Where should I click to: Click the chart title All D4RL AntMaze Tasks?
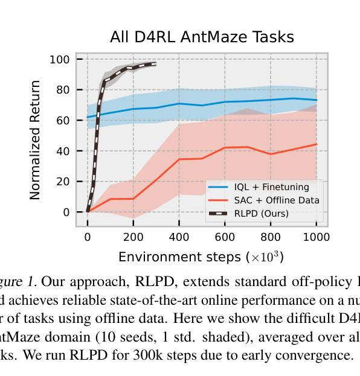click(202, 37)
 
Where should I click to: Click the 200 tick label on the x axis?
click(133, 236)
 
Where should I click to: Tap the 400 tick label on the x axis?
click(179, 236)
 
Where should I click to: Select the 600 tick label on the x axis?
click(225, 236)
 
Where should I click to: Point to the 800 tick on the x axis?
click(271, 236)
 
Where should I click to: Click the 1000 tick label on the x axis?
click(316, 236)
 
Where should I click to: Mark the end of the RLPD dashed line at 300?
click(156, 64)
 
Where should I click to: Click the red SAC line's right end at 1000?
click(317, 144)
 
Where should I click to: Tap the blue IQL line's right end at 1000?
click(317, 100)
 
